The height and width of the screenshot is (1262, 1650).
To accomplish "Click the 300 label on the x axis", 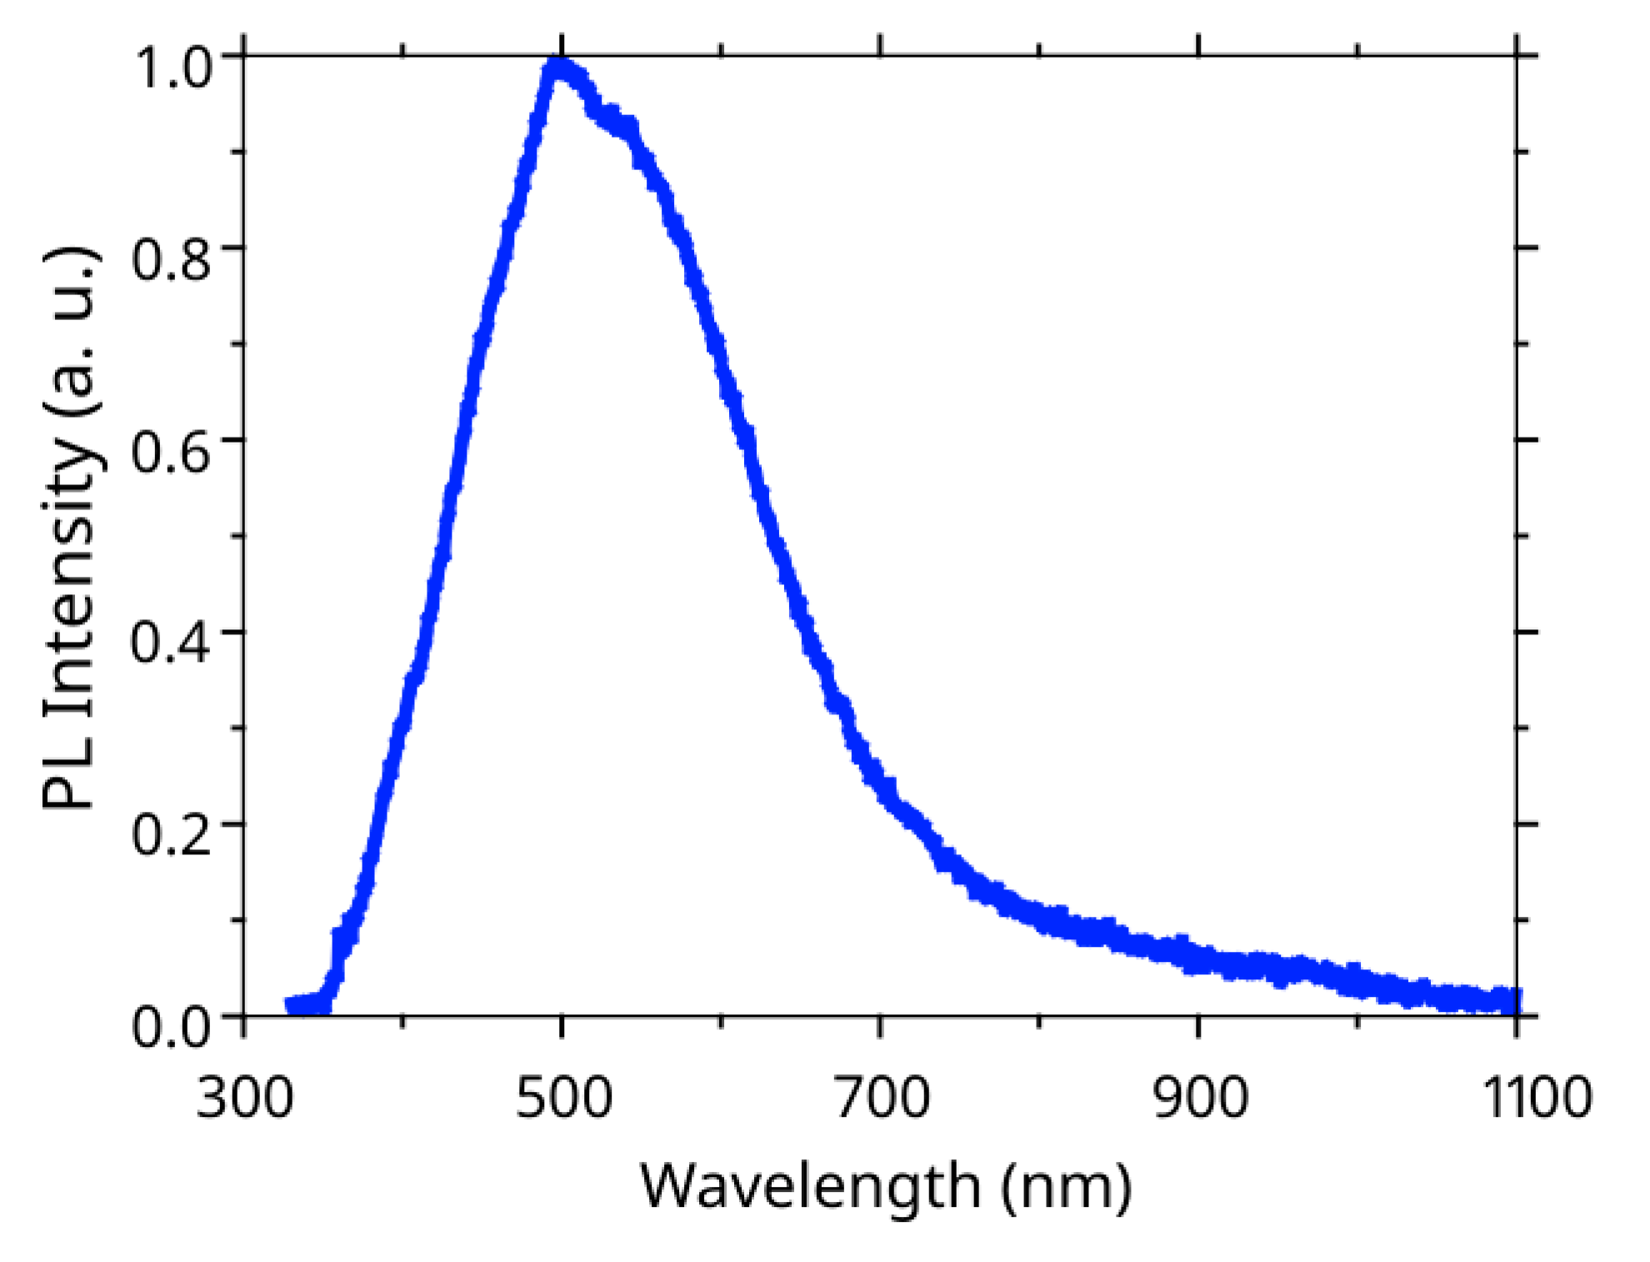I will coord(244,1097).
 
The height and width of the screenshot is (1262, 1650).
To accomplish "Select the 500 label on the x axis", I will coord(563,1097).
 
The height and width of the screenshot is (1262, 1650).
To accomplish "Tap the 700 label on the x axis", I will coord(882,1097).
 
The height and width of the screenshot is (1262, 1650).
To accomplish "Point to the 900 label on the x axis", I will coord(1200,1097).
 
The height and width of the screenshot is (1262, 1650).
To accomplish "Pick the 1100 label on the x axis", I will coord(1536,1097).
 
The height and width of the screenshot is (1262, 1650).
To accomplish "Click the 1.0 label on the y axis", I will coord(172,67).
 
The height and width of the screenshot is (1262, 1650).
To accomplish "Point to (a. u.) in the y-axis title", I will coord(73,333).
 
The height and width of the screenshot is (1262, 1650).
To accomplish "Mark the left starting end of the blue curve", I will coord(291,1004).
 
